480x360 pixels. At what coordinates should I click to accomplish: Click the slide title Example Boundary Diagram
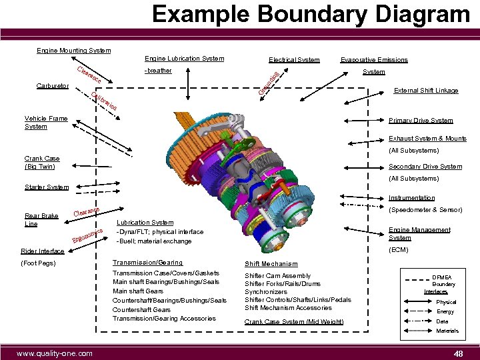[x=310, y=15]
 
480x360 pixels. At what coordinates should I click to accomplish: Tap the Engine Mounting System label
[x=73, y=51]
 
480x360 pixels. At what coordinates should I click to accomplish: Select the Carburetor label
[x=52, y=86]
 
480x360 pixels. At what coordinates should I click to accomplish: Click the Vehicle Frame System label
[x=46, y=123]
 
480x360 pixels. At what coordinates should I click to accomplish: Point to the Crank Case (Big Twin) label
[x=42, y=163]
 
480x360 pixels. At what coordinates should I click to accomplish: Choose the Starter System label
[x=46, y=187]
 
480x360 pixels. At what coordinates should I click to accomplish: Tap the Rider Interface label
[x=44, y=251]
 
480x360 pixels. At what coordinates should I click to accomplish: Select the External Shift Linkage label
[x=430, y=91]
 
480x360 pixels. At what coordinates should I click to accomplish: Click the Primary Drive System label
[x=421, y=121]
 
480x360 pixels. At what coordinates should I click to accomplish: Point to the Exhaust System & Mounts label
[x=427, y=139]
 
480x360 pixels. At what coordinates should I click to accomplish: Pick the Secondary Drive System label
[x=425, y=167]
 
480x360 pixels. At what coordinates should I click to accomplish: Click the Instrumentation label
[x=411, y=198]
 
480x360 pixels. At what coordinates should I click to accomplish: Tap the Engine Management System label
[x=419, y=233]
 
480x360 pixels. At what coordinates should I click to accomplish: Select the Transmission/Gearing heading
[x=148, y=263]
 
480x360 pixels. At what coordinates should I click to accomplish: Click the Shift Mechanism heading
[x=271, y=264]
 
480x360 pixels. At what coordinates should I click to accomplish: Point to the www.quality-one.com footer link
[x=55, y=353]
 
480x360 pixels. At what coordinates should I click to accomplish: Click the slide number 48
[x=457, y=353]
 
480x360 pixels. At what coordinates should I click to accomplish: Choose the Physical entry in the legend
[x=446, y=302]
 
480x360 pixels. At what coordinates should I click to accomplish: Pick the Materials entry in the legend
[x=447, y=331]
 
